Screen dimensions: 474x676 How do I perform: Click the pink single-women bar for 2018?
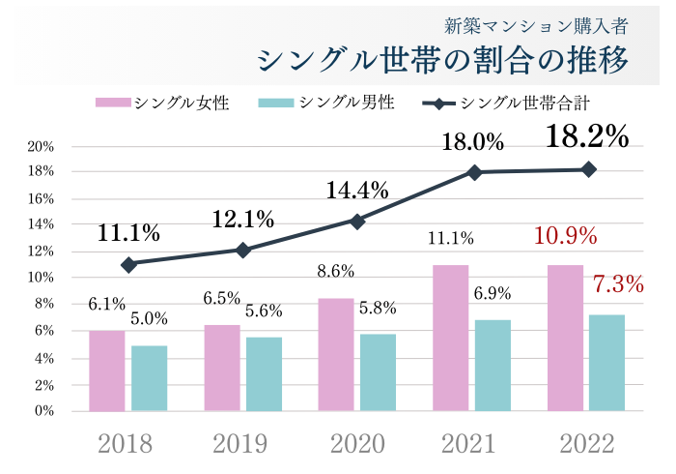pyautogui.click(x=106, y=370)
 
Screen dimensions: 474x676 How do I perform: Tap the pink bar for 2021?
pyautogui.click(x=451, y=338)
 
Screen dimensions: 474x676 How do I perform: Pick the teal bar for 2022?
pyautogui.click(x=606, y=363)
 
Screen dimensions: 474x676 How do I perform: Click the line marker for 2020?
pyautogui.click(x=357, y=222)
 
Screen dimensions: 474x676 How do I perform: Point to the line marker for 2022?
pyautogui.click(x=589, y=169)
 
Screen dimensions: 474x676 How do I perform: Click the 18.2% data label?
pyautogui.click(x=587, y=136)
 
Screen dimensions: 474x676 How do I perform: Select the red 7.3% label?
pyautogui.click(x=617, y=284)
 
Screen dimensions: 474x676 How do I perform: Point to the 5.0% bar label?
pyautogui.click(x=149, y=318)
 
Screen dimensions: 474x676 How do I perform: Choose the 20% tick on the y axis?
pyautogui.click(x=41, y=147)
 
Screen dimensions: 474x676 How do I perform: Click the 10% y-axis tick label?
pyautogui.click(x=41, y=279)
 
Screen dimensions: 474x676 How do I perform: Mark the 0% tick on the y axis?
pyautogui.click(x=43, y=411)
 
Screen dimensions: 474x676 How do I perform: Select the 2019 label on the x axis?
pyautogui.click(x=241, y=444)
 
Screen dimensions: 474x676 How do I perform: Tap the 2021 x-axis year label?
pyautogui.click(x=473, y=444)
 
